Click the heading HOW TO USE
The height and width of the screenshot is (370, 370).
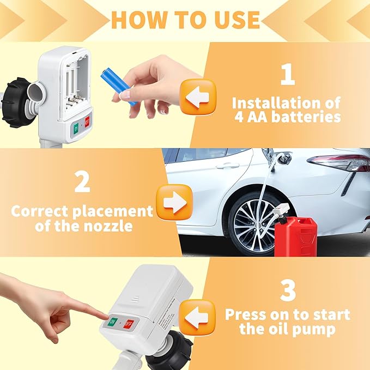point(185,20)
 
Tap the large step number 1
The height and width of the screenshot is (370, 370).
point(287,75)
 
